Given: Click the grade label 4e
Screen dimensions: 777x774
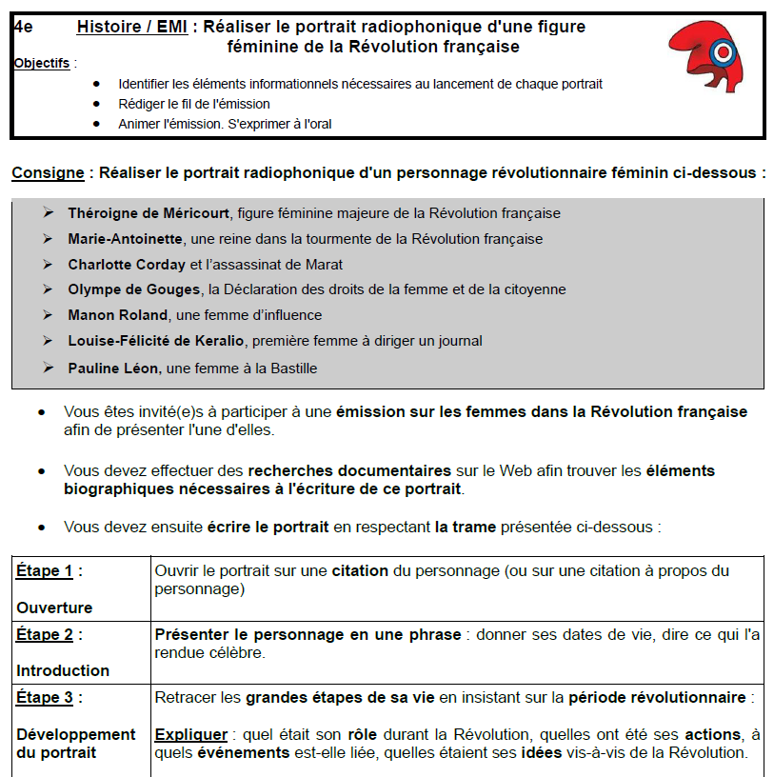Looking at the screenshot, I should tap(24, 27).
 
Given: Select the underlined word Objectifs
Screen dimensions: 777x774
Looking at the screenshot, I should tap(42, 64).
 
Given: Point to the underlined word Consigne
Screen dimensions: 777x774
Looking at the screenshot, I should tap(47, 173).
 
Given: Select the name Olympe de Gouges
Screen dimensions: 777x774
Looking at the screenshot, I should tap(134, 289).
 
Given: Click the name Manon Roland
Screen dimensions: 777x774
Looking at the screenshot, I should tap(117, 315).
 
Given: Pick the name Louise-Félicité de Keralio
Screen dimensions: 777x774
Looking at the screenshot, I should tap(156, 341).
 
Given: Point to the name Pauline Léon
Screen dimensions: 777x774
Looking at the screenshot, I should tap(113, 368).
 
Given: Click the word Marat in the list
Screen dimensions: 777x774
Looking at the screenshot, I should tap(325, 265).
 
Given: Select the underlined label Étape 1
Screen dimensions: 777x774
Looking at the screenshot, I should tap(44, 571).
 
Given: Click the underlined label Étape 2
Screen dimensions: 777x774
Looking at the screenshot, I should tap(44, 634).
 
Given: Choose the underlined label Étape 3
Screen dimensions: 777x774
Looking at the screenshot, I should tap(44, 698).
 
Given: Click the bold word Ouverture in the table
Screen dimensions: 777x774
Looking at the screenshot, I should tap(54, 608).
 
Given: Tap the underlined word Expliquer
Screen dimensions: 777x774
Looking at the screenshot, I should tap(190, 735).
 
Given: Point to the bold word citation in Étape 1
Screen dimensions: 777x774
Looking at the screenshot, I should tap(360, 571).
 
